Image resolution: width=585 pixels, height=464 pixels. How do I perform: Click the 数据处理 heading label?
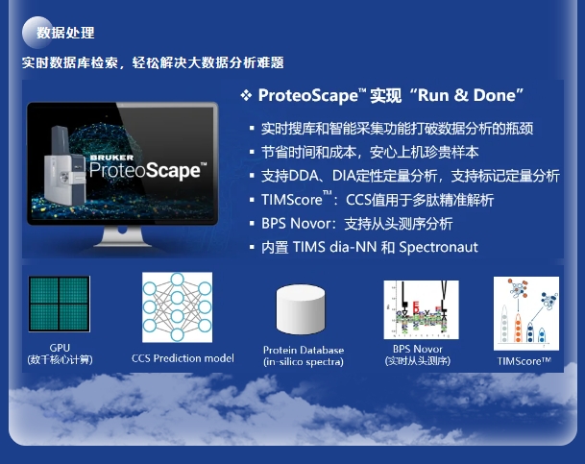point(65,33)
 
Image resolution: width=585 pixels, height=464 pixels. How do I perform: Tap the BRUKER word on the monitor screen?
point(112,158)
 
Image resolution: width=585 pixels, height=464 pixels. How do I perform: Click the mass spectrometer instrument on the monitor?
point(63,168)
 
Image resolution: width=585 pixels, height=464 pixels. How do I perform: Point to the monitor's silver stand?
point(123,236)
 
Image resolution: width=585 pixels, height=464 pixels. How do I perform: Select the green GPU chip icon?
point(60,304)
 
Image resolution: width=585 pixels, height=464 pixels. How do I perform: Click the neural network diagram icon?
point(177,307)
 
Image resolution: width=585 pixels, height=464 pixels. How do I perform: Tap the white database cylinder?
point(301,309)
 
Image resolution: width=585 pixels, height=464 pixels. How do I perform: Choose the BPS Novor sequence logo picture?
point(421,309)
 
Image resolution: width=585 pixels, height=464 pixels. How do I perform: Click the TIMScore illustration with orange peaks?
point(526,313)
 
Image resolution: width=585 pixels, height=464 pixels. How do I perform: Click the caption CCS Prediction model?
point(183,358)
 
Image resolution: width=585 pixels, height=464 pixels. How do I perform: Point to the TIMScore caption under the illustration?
point(524,361)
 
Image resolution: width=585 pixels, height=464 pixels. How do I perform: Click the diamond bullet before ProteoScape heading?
point(246,95)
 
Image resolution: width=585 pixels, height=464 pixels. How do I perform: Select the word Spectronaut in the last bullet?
point(438,247)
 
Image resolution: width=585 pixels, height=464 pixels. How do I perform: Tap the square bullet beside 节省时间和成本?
point(252,152)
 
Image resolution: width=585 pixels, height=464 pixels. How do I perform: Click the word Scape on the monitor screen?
point(173,171)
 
